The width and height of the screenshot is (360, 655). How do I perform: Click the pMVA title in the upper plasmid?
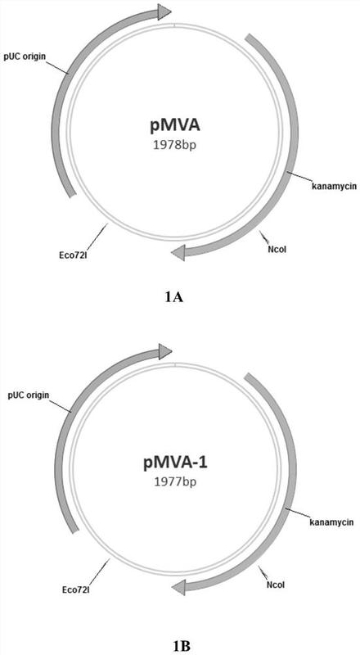tap(173, 125)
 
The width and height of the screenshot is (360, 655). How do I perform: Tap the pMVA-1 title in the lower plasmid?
tap(173, 463)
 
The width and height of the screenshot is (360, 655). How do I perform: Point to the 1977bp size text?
tap(175, 482)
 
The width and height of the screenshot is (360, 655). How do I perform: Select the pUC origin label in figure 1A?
tap(25, 56)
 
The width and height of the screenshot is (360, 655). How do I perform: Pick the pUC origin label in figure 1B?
tap(28, 395)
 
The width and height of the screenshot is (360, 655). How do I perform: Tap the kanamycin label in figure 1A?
tap(334, 185)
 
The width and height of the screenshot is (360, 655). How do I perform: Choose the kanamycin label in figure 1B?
tap(332, 522)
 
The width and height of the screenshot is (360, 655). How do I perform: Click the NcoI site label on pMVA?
tap(277, 250)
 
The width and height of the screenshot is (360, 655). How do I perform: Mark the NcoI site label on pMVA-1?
tap(276, 585)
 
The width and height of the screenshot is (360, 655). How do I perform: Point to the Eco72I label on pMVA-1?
tap(75, 590)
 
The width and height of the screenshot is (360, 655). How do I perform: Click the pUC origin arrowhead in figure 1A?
tap(164, 11)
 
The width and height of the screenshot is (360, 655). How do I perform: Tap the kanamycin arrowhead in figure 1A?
tap(178, 253)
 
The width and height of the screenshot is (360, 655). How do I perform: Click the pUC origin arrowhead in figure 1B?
tap(165, 351)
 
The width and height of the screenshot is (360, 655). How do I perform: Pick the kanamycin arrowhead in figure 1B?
tap(178, 588)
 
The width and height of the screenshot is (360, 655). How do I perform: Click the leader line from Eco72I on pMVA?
tap(97, 236)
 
